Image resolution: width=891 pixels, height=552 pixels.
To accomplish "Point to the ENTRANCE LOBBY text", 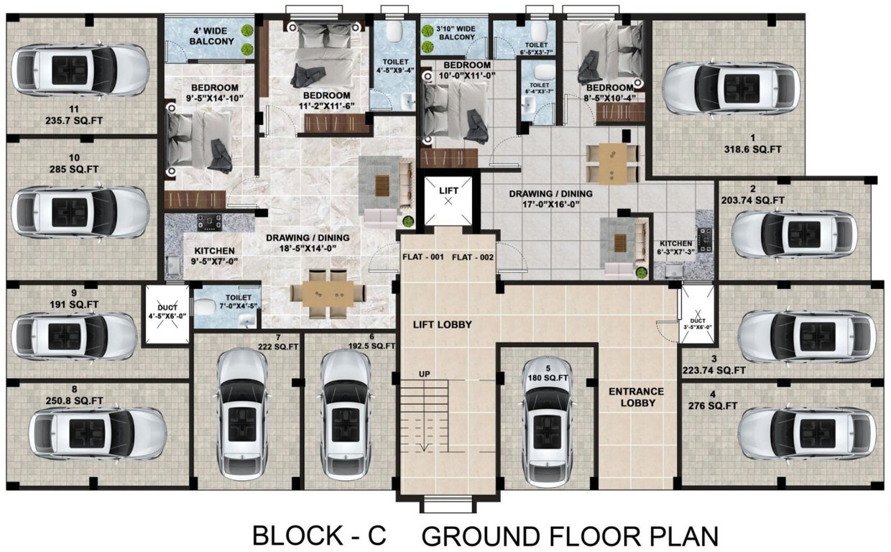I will pyautogui.click(x=636, y=397).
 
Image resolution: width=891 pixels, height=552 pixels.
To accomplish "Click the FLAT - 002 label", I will pyautogui.click(x=474, y=257).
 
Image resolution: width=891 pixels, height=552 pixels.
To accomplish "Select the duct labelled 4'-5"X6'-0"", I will pyautogui.click(x=166, y=315).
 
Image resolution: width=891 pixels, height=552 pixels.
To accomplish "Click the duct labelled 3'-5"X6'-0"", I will pyautogui.click(x=696, y=316).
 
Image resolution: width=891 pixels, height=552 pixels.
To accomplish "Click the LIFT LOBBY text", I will pyautogui.click(x=442, y=325).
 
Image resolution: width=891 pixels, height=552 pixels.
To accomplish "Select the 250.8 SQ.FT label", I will pyautogui.click(x=73, y=400).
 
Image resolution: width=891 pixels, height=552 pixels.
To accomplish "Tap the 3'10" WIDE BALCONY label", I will pyautogui.click(x=455, y=33).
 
